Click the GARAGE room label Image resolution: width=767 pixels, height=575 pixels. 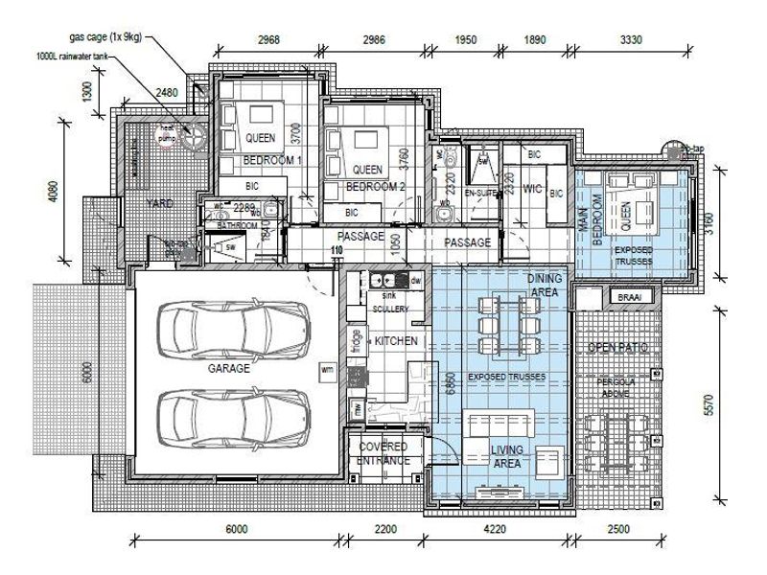point(228,368)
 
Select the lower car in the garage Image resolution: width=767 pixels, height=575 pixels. point(235,412)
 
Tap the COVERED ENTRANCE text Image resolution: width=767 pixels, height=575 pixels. point(383,453)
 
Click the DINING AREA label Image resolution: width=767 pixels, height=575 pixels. point(545,284)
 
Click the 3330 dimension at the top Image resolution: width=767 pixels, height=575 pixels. point(631,39)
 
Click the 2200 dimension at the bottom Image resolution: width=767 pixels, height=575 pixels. point(383,529)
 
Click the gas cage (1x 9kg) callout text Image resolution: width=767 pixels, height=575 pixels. point(107,38)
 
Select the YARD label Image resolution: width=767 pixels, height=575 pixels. point(159,204)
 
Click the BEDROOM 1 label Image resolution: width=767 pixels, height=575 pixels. point(273,160)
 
